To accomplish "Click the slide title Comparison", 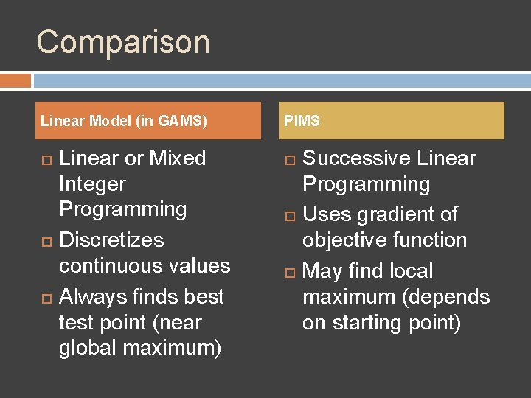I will [x=123, y=42].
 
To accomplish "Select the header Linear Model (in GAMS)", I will [x=124, y=121].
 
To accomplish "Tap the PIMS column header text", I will [x=302, y=121].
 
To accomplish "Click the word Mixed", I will [x=178, y=158].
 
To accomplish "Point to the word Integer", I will [x=92, y=184].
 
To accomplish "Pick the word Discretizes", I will [x=111, y=240].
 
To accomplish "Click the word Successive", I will [x=357, y=158].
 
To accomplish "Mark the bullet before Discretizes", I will [x=45, y=241].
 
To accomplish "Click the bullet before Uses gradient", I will [x=289, y=215].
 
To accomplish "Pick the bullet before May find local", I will [x=289, y=272].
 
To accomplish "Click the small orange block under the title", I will [x=15, y=80].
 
